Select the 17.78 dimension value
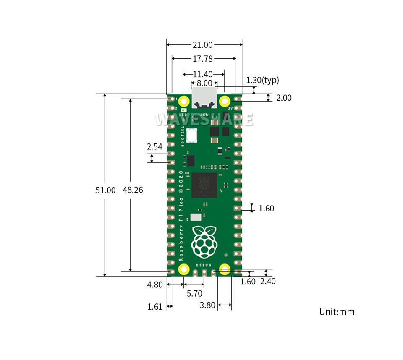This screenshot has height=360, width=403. (x=203, y=59)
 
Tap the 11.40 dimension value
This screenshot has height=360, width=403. (x=203, y=74)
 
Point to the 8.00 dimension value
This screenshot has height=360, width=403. (x=204, y=83)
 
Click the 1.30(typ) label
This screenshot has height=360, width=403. (x=262, y=80)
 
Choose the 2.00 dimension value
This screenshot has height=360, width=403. (x=284, y=98)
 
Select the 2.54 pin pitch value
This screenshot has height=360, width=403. (x=154, y=147)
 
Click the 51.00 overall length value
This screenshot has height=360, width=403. (x=105, y=190)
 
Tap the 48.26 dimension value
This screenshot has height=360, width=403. (x=133, y=190)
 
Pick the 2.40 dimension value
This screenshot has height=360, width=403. (x=268, y=282)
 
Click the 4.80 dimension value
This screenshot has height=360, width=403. (x=154, y=284)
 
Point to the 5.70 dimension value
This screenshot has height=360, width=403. (x=194, y=294)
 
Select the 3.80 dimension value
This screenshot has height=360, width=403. (x=208, y=305)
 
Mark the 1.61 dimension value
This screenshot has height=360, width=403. (x=154, y=307)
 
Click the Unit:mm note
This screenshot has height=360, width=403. (x=337, y=312)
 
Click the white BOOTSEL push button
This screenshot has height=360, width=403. (x=192, y=136)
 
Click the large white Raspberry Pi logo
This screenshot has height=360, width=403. (x=204, y=242)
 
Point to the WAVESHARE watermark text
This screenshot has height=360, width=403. (x=204, y=119)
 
